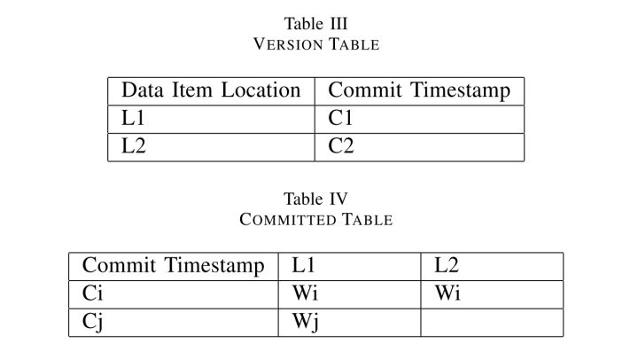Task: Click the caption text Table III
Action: click(316, 23)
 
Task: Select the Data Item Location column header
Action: click(211, 90)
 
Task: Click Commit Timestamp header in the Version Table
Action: click(418, 90)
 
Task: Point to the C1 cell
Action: click(341, 118)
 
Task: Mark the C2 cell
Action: click(341, 146)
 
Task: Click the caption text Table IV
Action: click(316, 199)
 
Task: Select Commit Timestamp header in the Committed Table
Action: click(173, 266)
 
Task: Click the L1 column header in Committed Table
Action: click(303, 266)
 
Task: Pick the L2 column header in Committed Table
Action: click(447, 266)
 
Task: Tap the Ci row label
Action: click(92, 293)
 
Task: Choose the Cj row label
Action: click(93, 322)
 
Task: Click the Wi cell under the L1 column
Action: click(305, 293)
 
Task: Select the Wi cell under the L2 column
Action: click(447, 293)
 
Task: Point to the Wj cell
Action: click(305, 322)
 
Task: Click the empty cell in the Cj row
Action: click(491, 322)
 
